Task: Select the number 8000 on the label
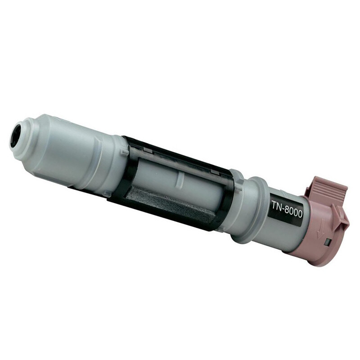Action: pyautogui.click(x=294, y=211)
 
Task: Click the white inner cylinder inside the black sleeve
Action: pyautogui.click(x=180, y=175)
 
